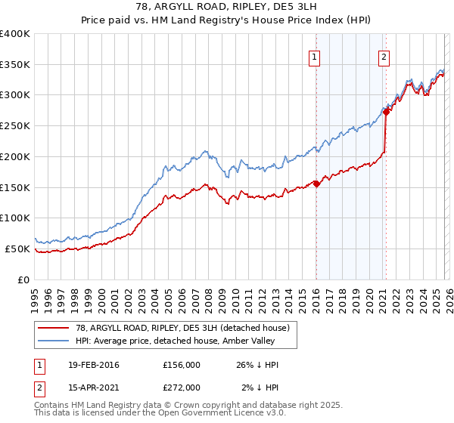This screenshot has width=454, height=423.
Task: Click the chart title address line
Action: [226, 8]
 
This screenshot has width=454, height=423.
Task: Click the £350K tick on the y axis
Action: [15, 65]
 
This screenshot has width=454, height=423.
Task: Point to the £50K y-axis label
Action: [17, 249]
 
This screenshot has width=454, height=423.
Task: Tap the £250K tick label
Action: [15, 126]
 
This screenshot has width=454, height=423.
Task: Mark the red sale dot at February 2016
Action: [316, 184]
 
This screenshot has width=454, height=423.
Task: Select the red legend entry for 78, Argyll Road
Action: [182, 328]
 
